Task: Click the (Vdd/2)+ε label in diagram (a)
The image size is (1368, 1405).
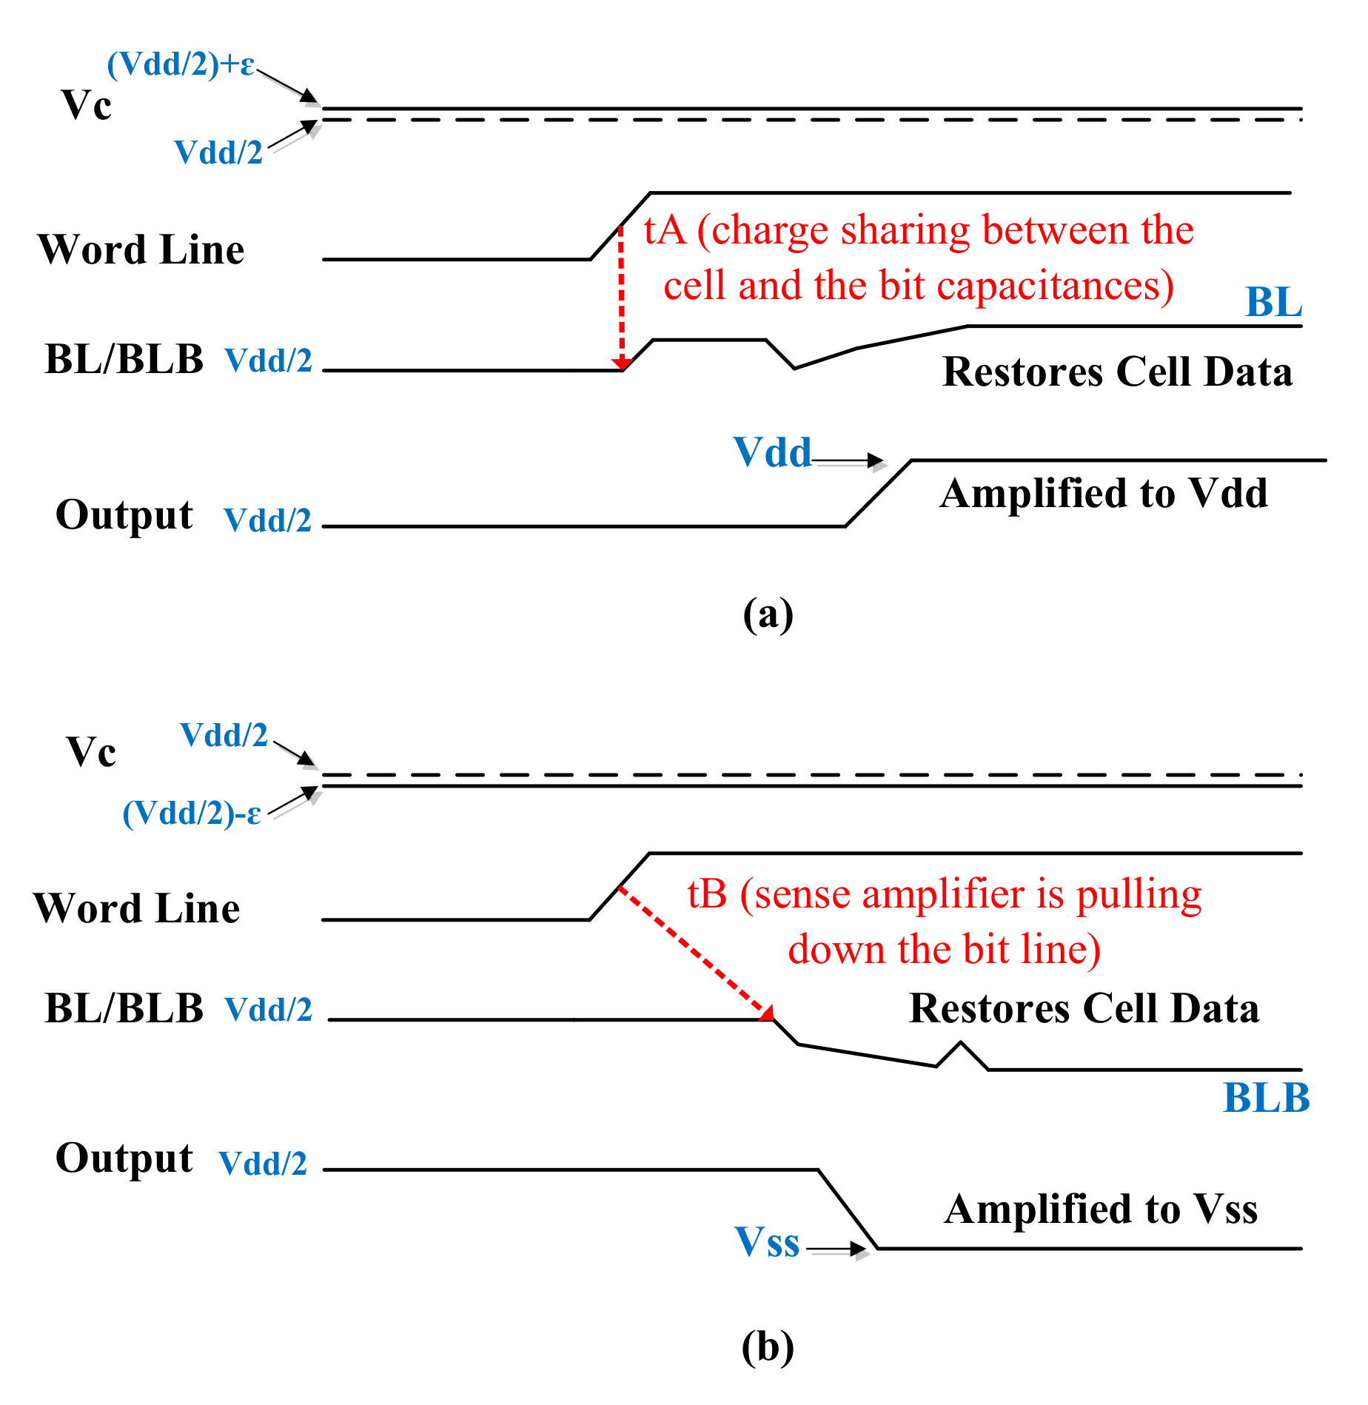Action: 181,64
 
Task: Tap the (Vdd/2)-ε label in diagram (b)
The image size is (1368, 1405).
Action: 192,813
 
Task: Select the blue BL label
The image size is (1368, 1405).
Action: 1273,302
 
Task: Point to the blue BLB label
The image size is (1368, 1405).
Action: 1266,1097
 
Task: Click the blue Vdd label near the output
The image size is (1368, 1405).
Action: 772,452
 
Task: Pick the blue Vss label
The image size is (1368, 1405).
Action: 767,1241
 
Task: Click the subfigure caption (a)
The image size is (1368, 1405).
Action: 768,614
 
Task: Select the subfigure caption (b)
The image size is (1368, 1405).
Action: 768,1347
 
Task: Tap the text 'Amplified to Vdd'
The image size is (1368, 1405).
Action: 1103,493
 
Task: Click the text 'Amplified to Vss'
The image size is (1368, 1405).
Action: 1101,1209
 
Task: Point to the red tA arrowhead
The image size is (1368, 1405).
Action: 622,363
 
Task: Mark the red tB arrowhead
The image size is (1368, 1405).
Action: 767,1013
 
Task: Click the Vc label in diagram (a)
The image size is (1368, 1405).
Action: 87,104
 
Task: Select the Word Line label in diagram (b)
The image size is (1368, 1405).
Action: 137,908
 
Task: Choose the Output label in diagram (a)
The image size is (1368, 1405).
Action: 124,514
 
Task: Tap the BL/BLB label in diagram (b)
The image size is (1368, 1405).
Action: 124,1008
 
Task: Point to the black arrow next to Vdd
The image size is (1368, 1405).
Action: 849,460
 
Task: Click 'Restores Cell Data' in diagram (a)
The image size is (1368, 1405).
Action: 1117,371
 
